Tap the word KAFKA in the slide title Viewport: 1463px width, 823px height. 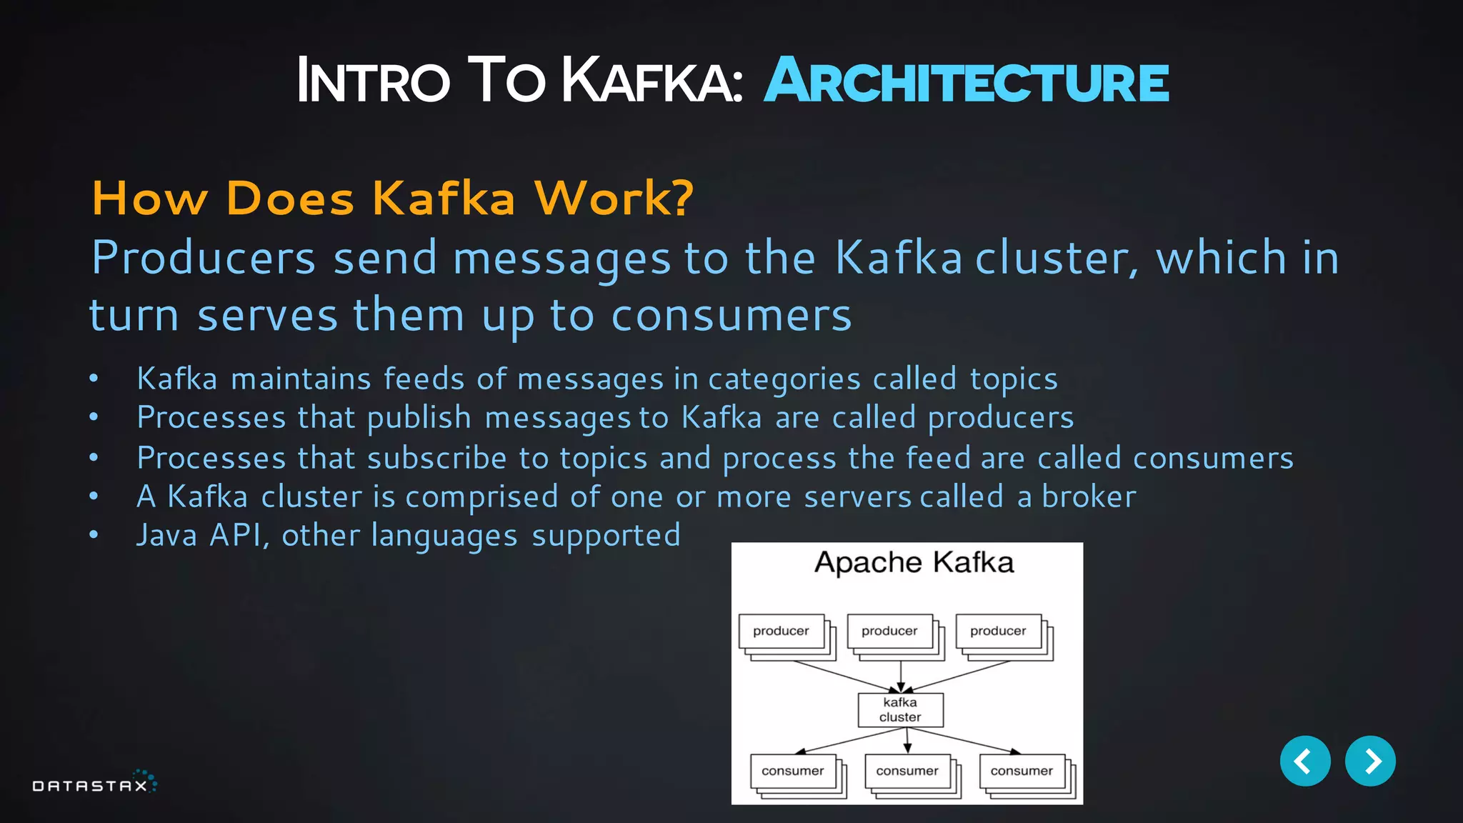click(651, 81)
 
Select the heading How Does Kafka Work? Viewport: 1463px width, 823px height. click(392, 198)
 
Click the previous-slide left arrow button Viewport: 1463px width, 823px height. click(1304, 761)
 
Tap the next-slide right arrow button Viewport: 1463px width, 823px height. click(1370, 761)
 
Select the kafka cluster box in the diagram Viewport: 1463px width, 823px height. click(900, 710)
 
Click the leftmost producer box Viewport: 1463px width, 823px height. click(782, 632)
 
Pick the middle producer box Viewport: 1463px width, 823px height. click(889, 632)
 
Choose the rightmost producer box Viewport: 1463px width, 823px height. click(998, 632)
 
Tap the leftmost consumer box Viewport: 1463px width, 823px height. click(793, 772)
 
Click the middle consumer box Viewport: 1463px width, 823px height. click(907, 772)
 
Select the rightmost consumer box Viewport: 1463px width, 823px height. click(1022, 772)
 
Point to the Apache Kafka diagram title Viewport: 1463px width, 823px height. click(914, 563)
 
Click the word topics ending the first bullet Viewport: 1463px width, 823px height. click(1014, 379)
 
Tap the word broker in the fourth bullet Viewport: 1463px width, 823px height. click(1089, 497)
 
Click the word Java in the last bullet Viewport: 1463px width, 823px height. click(166, 536)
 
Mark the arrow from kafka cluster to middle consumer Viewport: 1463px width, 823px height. click(907, 740)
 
